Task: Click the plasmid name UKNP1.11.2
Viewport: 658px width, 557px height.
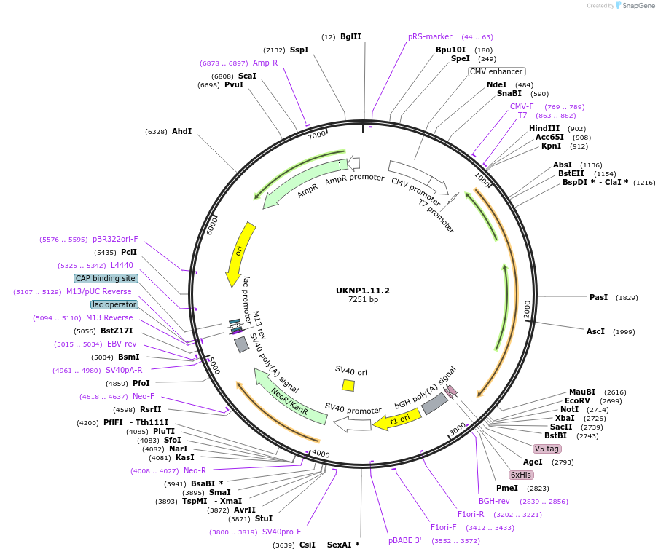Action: [x=363, y=291]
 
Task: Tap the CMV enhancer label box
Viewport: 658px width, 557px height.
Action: [x=496, y=71]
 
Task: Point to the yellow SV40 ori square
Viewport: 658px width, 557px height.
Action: [x=348, y=385]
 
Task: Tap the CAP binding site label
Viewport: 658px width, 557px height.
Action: [x=106, y=278]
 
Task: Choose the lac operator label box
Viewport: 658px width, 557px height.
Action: [x=114, y=304]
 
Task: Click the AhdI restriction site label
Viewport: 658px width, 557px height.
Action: [x=181, y=132]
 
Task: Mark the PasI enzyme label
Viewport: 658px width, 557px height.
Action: [x=598, y=297]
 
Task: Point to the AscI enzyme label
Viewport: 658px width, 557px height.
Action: [x=595, y=331]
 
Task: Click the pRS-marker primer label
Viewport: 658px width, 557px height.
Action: [x=430, y=36]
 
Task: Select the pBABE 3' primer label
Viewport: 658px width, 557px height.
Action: [x=404, y=540]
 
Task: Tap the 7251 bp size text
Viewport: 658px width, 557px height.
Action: [x=363, y=299]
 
